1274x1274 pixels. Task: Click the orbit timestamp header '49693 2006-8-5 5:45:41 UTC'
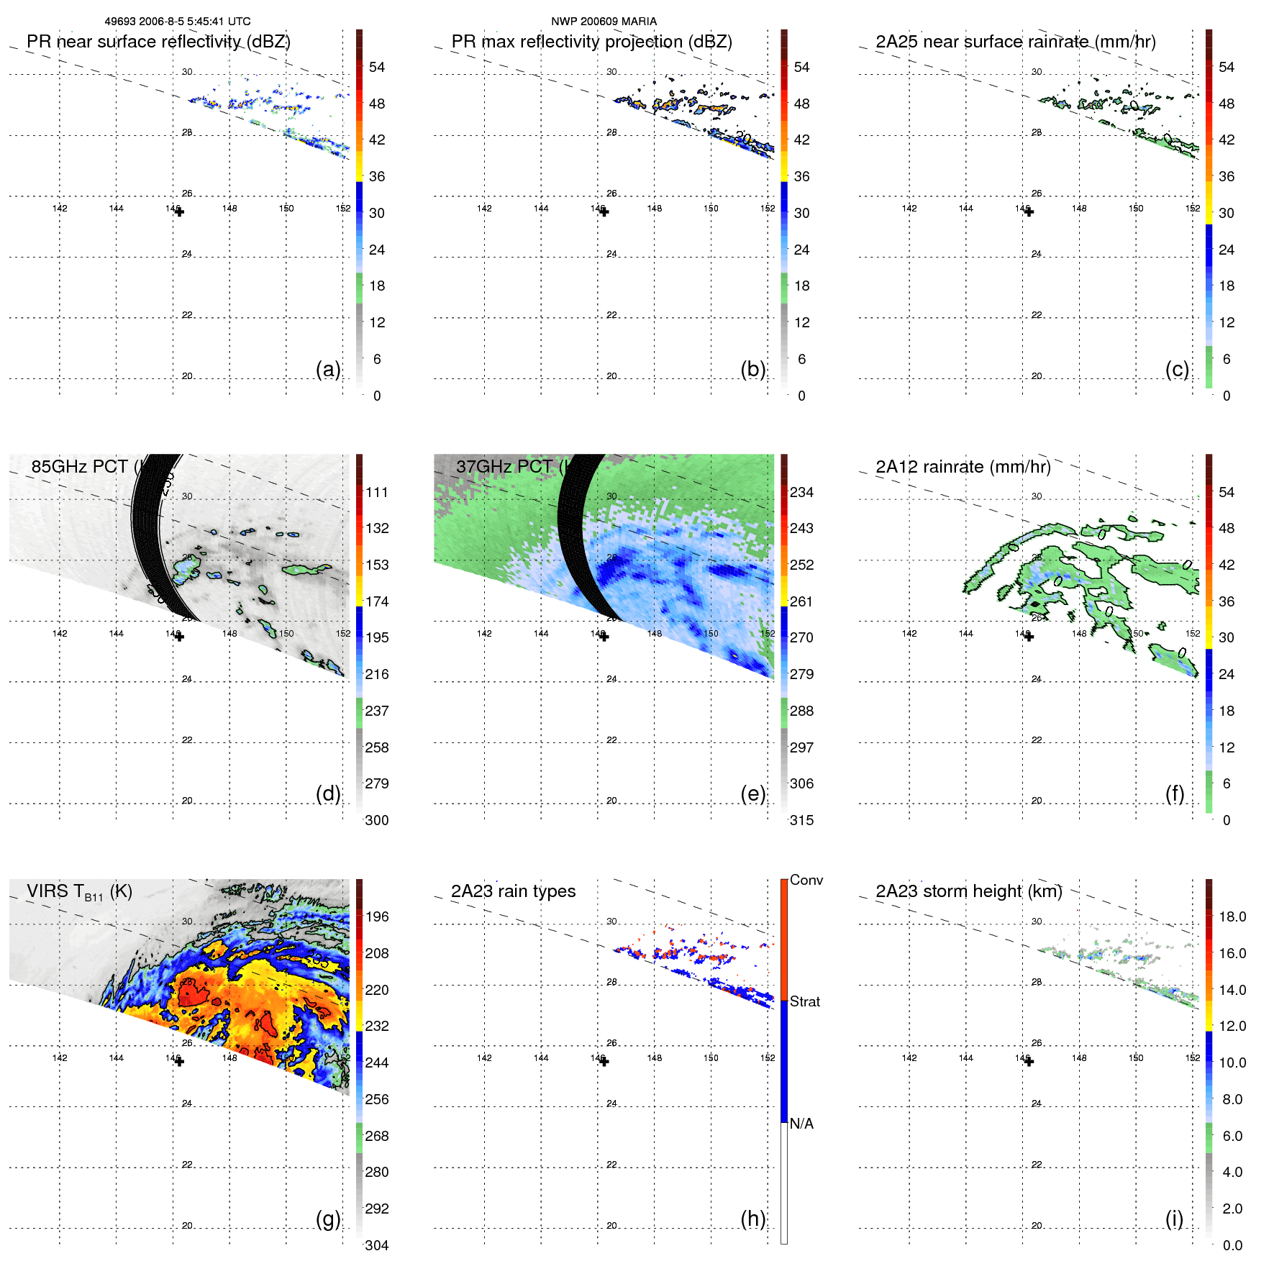point(178,22)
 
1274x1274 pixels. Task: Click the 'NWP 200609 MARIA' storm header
point(604,22)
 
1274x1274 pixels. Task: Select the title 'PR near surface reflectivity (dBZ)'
point(158,42)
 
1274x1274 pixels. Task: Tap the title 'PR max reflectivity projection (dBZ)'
point(591,42)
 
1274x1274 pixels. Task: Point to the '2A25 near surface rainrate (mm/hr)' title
point(1015,42)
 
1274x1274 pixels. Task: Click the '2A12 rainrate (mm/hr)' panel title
point(963,467)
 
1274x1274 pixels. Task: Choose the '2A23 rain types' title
point(513,891)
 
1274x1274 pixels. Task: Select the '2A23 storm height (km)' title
point(968,891)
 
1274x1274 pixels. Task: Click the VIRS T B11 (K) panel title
point(79,892)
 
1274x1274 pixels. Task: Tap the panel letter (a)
point(328,369)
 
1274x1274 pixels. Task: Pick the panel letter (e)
point(752,794)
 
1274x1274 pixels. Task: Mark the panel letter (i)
point(1174,1219)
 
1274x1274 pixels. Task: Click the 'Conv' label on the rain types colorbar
point(806,880)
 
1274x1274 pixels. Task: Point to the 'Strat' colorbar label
point(804,1001)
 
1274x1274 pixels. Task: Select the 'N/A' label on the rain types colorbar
point(801,1124)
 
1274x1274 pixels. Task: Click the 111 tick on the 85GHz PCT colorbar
point(376,492)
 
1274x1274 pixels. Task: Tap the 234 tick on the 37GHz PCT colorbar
point(801,492)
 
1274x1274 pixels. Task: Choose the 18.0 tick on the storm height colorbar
point(1232,916)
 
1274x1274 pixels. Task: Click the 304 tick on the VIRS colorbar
point(376,1245)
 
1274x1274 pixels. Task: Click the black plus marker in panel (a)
point(179,212)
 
